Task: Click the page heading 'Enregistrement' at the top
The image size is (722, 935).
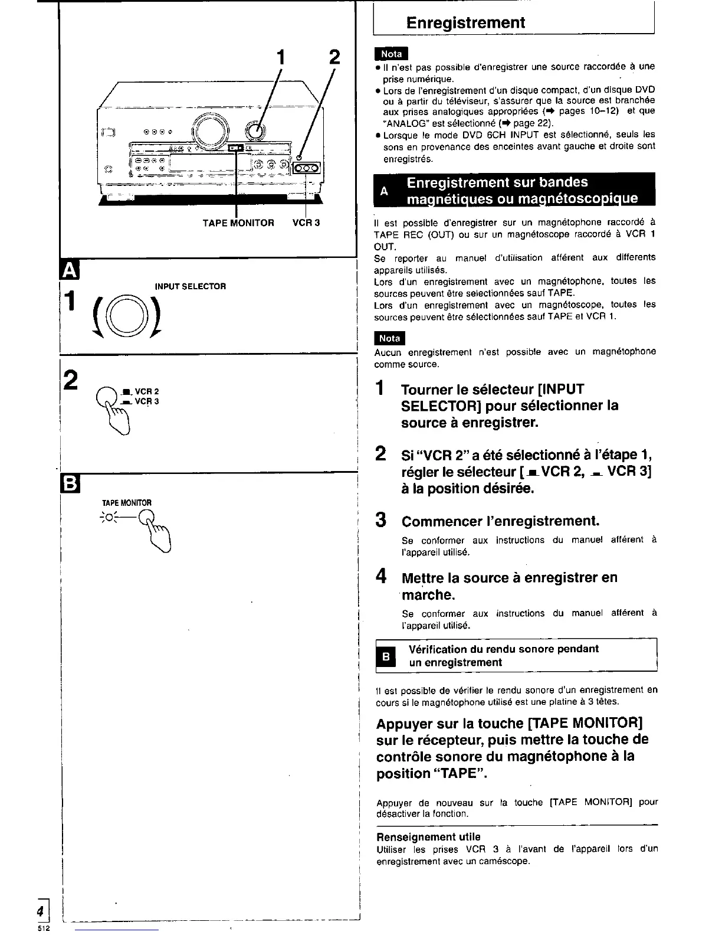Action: [465, 23]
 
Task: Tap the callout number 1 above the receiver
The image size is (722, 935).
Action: [281, 57]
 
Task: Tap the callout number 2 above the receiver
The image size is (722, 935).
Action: [334, 57]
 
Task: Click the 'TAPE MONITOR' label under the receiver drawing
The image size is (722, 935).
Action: [238, 223]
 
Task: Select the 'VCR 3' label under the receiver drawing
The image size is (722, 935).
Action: [306, 223]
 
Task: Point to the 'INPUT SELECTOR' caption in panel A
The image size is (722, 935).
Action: [190, 286]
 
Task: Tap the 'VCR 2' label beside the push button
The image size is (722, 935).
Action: [147, 391]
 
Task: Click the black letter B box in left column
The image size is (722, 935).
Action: [69, 485]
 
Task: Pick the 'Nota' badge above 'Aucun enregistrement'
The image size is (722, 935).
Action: [390, 338]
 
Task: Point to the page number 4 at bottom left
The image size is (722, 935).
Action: [41, 910]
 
